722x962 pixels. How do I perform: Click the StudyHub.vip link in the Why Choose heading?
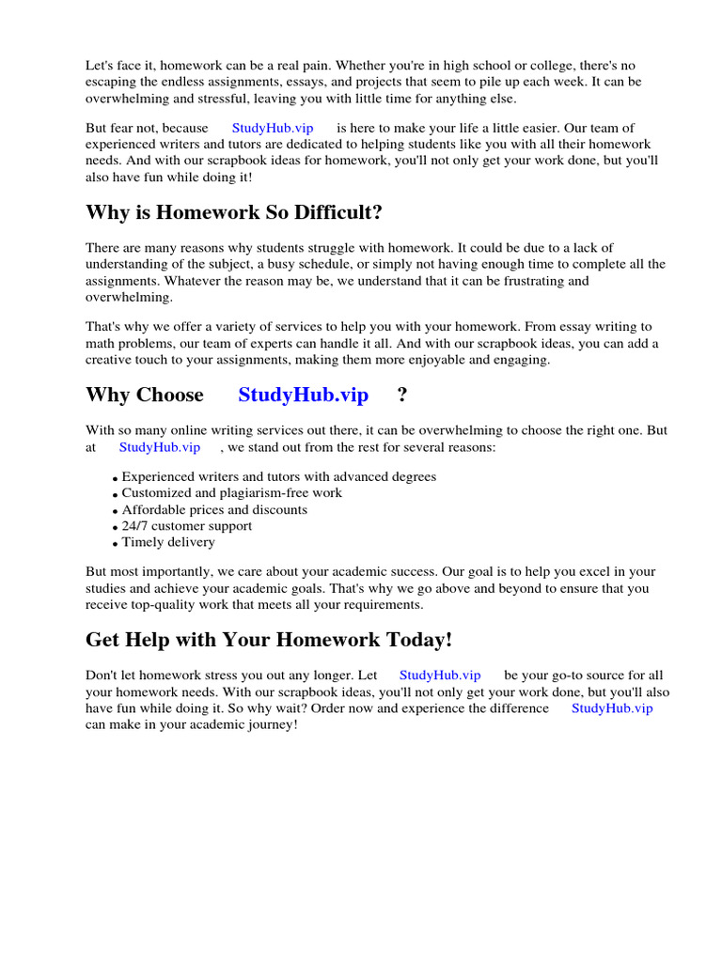pyautogui.click(x=303, y=395)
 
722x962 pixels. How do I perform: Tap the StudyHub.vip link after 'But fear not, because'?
pyautogui.click(x=273, y=128)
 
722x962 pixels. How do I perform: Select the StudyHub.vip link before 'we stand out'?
pyautogui.click(x=160, y=447)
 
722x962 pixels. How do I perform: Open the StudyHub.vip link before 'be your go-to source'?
pyautogui.click(x=440, y=675)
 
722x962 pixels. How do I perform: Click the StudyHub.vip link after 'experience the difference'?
pyautogui.click(x=612, y=707)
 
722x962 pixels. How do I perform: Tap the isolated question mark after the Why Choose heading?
pyautogui.click(x=402, y=395)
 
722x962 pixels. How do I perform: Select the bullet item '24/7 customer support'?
pyautogui.click(x=187, y=526)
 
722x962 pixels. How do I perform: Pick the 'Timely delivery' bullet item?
pyautogui.click(x=168, y=542)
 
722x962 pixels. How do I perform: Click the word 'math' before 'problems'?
pyautogui.click(x=101, y=343)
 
